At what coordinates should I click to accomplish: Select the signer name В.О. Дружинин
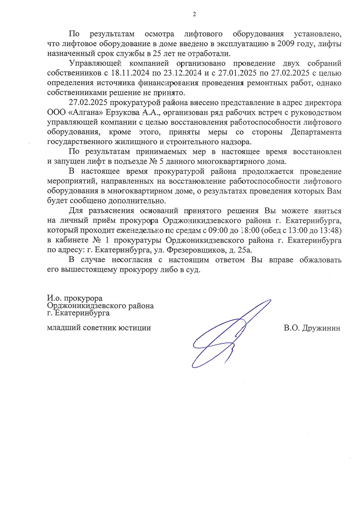[312, 328]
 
